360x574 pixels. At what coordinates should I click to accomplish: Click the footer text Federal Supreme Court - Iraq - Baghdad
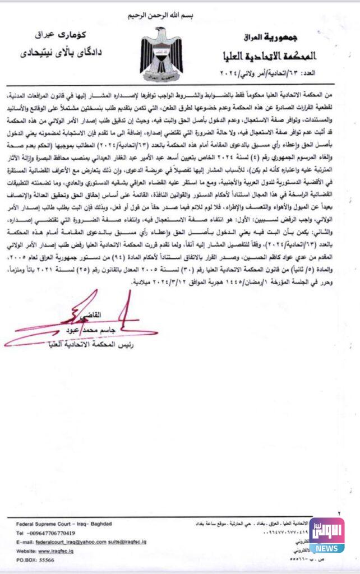pos(64,524)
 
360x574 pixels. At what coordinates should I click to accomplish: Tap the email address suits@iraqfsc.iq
pos(127,542)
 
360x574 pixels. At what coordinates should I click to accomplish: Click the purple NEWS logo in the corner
pos(327,535)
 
